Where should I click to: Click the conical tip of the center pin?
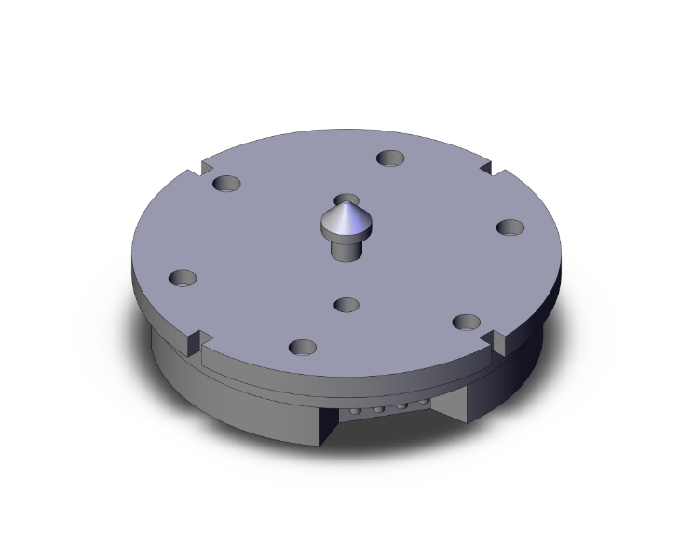[x=346, y=213]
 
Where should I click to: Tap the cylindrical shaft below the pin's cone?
[x=346, y=248]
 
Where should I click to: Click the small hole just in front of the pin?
[x=346, y=305]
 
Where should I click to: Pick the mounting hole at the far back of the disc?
[x=390, y=158]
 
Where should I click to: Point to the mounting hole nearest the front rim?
[x=302, y=348]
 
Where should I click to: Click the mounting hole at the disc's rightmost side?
[x=510, y=227]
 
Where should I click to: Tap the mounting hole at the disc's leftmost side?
[x=183, y=279]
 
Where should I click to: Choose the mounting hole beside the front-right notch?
[x=466, y=322]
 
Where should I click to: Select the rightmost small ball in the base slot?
[x=422, y=405]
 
